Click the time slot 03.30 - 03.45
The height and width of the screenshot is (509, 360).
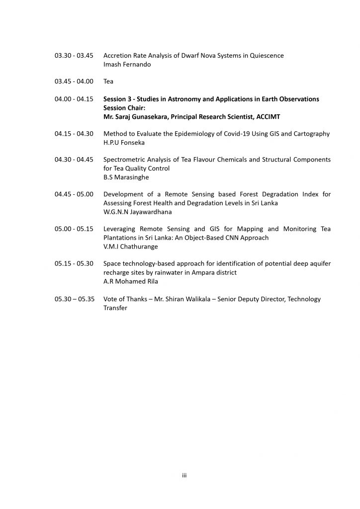pyautogui.click(x=74, y=56)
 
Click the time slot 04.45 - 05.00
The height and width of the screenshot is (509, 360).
pyautogui.click(x=74, y=194)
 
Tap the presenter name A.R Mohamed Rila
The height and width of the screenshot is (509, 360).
pyautogui.click(x=130, y=281)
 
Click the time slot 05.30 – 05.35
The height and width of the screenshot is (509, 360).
pyautogui.click(x=74, y=299)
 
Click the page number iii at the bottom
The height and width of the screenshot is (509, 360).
pyautogui.click(x=184, y=476)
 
